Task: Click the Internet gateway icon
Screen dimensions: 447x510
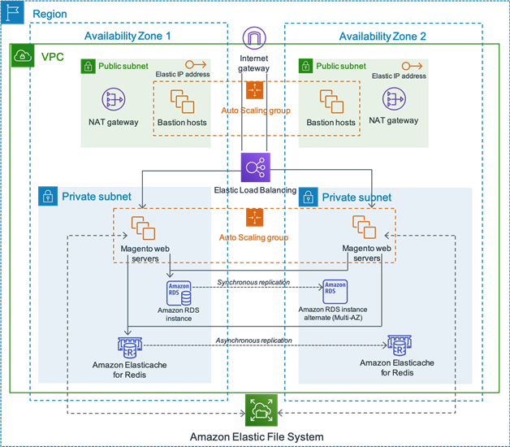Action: click(x=254, y=38)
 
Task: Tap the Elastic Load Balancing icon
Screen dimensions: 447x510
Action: click(x=255, y=167)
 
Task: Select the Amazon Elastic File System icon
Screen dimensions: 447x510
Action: click(x=261, y=409)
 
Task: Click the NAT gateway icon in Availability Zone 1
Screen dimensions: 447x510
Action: click(x=113, y=100)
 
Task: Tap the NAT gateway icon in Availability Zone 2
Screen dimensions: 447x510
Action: click(x=394, y=99)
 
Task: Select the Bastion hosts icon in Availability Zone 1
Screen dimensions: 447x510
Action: click(x=182, y=101)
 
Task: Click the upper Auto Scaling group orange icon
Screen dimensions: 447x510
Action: click(x=255, y=89)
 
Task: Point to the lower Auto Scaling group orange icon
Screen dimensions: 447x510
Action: click(x=255, y=218)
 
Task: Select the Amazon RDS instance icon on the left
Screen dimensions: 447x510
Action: click(x=179, y=292)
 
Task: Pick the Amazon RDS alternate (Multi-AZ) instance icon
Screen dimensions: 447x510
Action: click(x=334, y=291)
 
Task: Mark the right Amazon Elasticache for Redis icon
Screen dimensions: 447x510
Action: click(x=399, y=343)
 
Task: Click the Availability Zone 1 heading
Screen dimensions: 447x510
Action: click(x=127, y=37)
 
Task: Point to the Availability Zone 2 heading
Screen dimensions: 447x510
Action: click(x=382, y=37)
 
